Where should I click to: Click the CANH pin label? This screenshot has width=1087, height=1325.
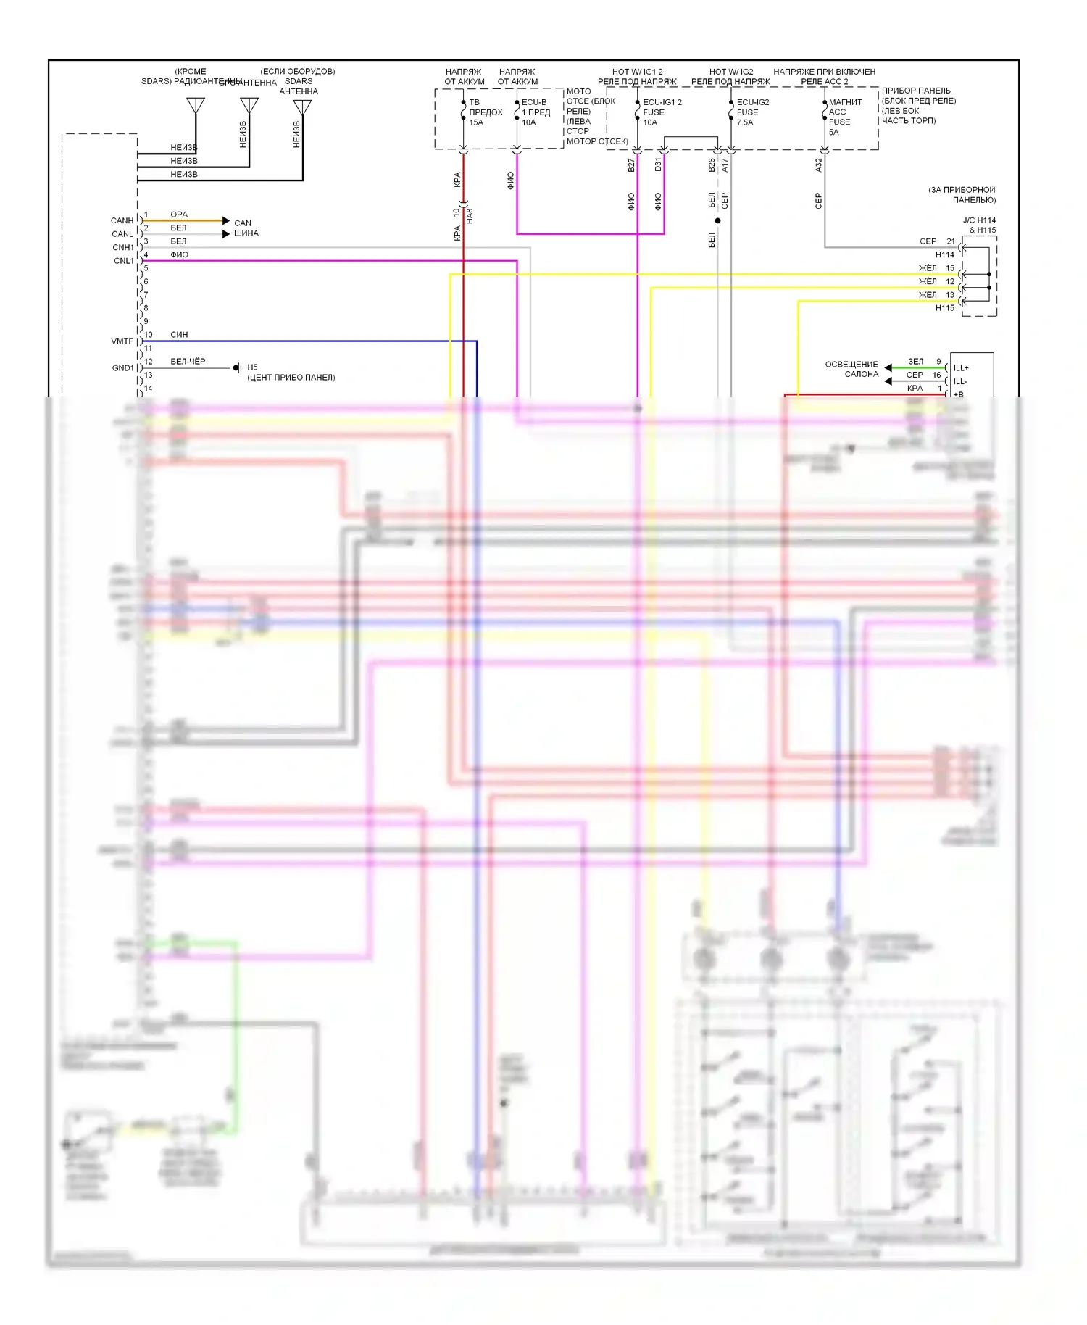click(x=122, y=220)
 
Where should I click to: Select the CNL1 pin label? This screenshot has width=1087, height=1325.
click(x=124, y=261)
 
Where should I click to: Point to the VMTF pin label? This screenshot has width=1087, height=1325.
click(x=122, y=341)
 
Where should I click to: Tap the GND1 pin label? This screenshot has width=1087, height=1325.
click(x=123, y=368)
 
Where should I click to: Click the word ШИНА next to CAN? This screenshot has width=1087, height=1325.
click(x=246, y=233)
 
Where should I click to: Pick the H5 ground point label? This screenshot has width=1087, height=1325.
click(x=252, y=367)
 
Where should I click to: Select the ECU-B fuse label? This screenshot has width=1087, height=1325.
click(x=534, y=102)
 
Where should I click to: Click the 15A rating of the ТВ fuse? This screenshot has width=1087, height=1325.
click(x=476, y=122)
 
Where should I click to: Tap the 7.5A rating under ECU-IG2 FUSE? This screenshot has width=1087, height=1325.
click(x=745, y=122)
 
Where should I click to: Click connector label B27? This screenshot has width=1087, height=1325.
click(x=631, y=165)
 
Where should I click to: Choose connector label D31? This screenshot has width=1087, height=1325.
click(x=658, y=165)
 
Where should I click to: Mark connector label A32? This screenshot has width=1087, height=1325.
click(x=819, y=165)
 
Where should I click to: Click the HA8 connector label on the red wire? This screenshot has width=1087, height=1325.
click(x=470, y=215)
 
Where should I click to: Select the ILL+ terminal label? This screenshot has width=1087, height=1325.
click(x=961, y=368)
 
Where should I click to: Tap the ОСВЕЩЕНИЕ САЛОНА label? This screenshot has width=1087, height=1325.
click(x=852, y=369)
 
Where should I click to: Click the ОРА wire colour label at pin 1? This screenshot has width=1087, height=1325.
click(x=179, y=215)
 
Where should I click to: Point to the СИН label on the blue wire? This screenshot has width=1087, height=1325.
click(x=179, y=335)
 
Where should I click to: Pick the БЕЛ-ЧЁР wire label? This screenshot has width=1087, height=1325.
click(x=188, y=361)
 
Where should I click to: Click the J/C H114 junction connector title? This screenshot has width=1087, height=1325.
click(x=979, y=220)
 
